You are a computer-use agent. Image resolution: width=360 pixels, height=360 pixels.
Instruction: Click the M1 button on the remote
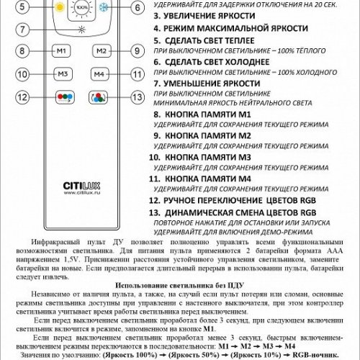62,51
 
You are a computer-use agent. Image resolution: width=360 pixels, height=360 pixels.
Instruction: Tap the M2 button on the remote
102,51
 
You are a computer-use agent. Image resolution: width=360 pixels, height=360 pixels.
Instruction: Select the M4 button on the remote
102,74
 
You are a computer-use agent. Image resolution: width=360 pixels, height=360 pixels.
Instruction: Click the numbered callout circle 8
24,51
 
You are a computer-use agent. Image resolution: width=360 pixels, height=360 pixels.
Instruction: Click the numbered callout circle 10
24,74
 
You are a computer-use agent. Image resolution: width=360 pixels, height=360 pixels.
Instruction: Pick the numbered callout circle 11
135,74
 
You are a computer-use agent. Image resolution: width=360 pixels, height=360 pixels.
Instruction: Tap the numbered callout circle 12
24,97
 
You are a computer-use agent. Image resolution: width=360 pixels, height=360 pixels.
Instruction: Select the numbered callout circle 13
135,97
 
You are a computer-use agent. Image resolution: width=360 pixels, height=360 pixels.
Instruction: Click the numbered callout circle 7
24,30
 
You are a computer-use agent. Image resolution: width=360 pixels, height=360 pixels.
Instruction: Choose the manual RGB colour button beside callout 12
62,97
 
